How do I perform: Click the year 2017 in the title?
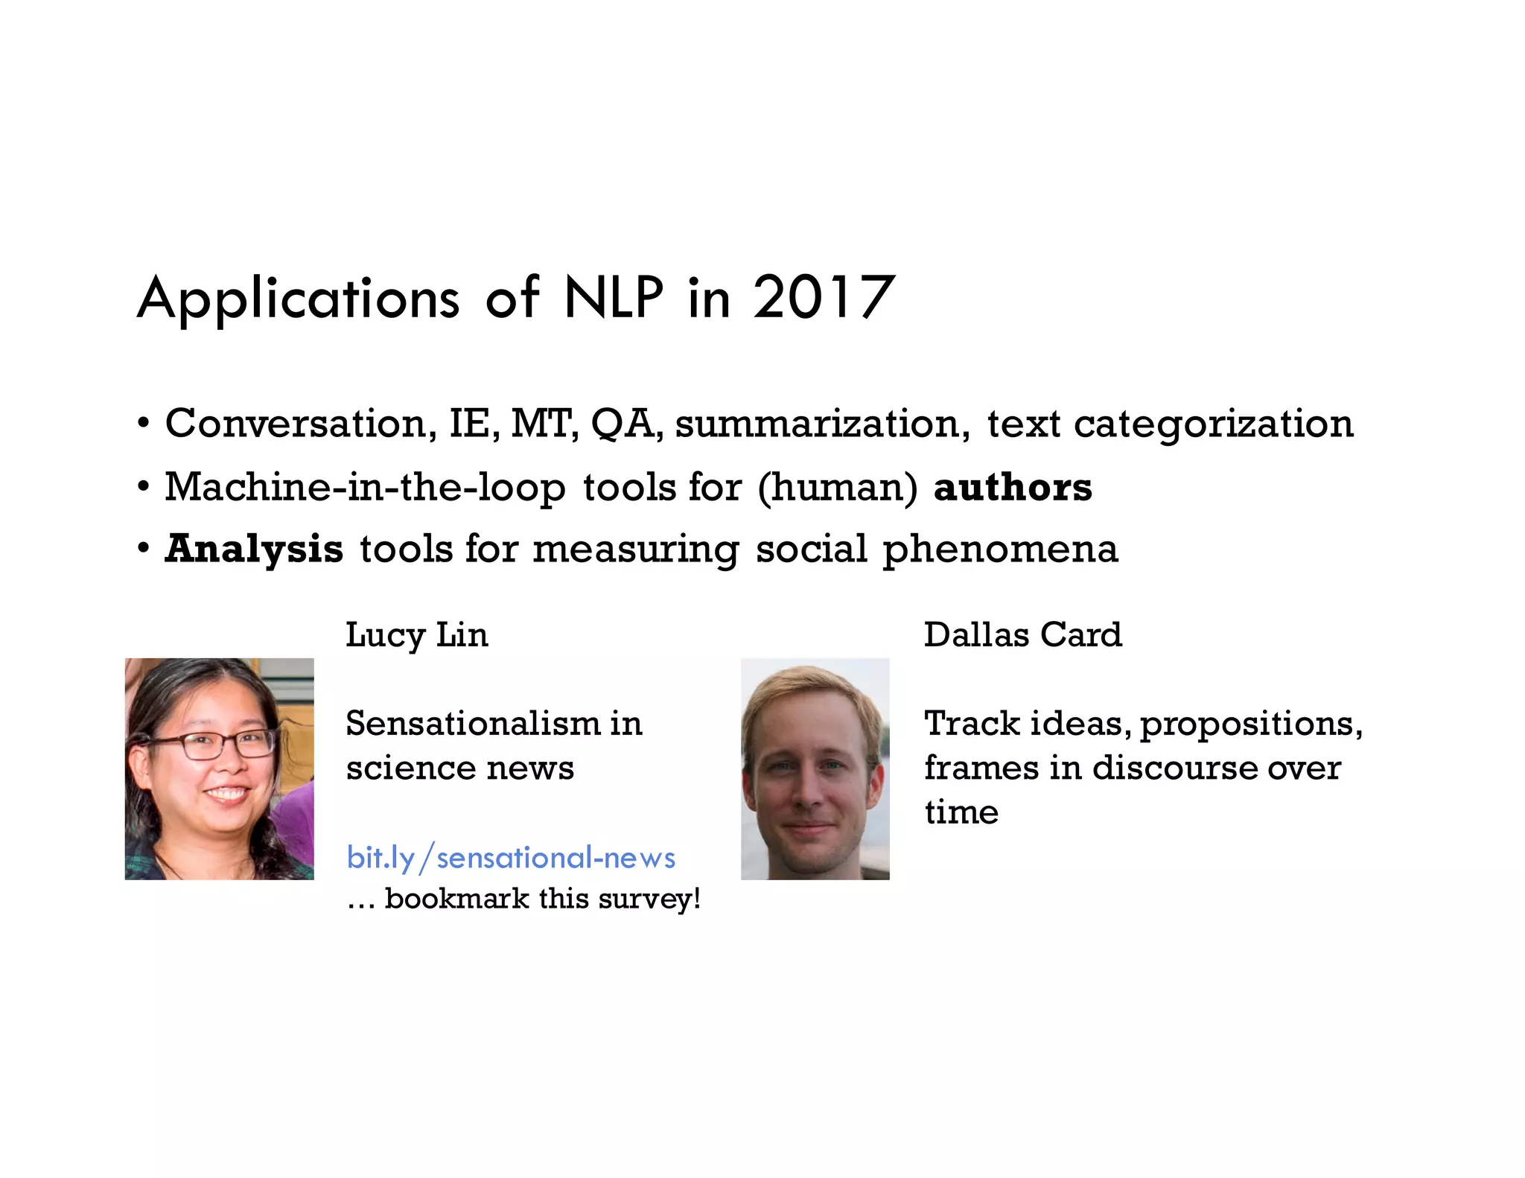click(x=823, y=298)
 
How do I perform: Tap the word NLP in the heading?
click(x=613, y=298)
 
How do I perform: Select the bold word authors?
click(x=1013, y=488)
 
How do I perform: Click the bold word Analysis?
click(x=254, y=550)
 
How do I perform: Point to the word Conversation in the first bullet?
click(x=296, y=424)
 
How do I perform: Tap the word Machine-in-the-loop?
click(x=365, y=488)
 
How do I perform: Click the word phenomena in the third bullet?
click(x=1000, y=550)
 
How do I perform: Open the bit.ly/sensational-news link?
click(x=511, y=858)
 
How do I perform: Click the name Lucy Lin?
click(x=417, y=635)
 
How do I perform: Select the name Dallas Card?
click(x=1022, y=635)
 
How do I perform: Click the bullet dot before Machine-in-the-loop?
click(x=144, y=488)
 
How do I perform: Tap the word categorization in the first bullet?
click(x=1213, y=424)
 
